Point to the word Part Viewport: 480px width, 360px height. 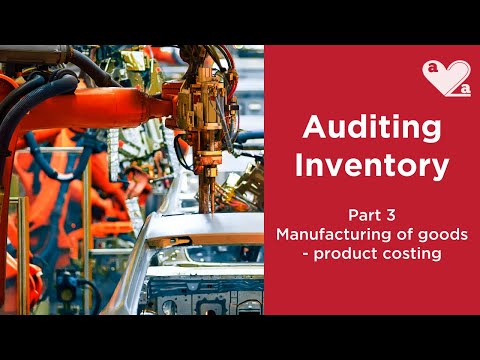(x=362, y=214)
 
